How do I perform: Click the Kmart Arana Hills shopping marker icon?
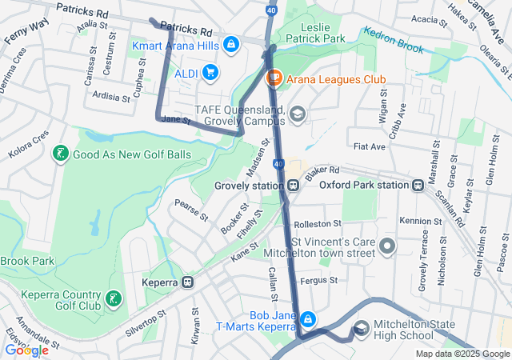231,43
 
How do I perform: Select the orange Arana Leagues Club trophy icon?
274,78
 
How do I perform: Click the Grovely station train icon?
294,186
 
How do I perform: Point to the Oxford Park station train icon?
418,186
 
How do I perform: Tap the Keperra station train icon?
188,282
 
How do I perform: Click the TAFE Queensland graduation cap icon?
298,114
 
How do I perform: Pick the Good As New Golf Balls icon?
59,154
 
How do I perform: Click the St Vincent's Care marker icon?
388,246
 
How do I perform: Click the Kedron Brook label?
393,41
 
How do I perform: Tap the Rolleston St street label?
318,223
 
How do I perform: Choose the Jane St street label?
176,120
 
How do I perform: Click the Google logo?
26,350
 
